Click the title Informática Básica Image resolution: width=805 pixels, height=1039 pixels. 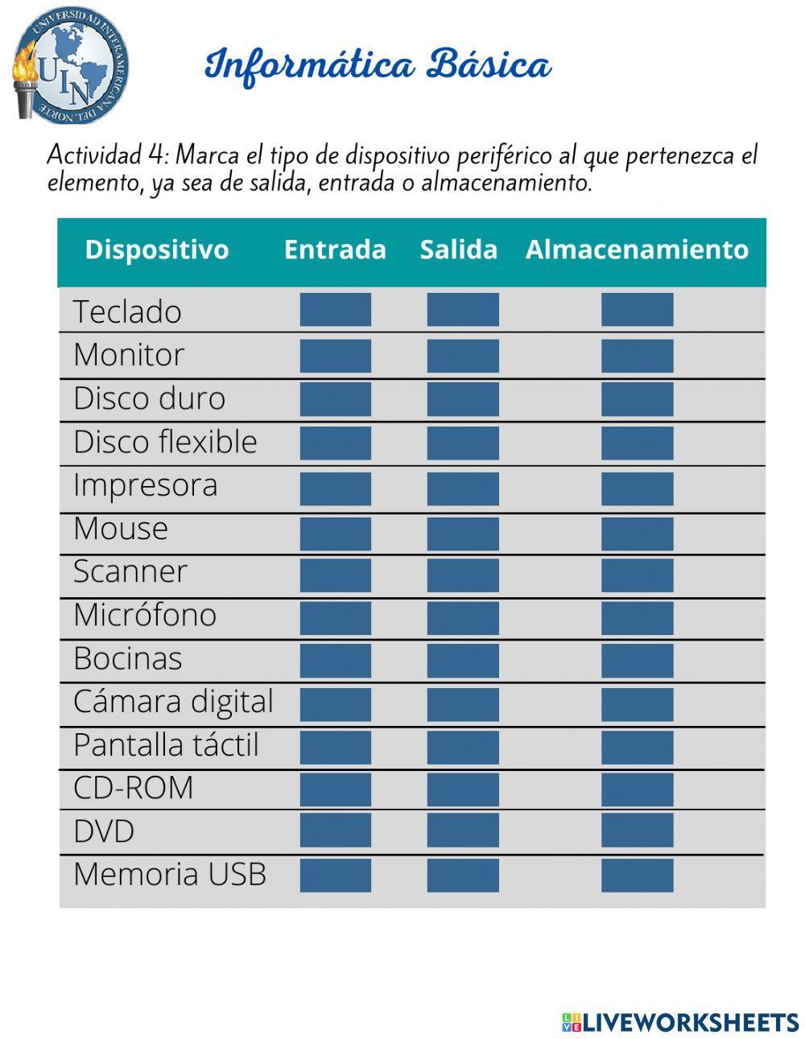click(378, 65)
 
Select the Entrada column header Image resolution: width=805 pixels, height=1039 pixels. click(335, 249)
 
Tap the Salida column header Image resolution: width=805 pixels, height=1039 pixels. click(458, 249)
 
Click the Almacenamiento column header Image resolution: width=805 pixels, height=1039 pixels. click(637, 249)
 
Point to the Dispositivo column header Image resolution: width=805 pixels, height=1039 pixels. click(157, 249)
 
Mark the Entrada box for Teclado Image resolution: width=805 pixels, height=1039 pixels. click(336, 310)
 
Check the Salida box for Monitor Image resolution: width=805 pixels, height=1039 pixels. click(463, 356)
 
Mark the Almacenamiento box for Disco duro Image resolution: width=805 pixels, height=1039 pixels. click(637, 399)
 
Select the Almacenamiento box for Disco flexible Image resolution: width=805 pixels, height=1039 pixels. click(637, 443)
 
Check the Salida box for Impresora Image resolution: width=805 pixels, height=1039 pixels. click(463, 489)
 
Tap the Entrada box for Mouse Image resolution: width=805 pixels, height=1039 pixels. click(336, 534)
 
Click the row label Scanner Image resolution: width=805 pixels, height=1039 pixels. click(130, 571)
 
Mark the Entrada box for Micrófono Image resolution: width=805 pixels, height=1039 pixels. click(336, 618)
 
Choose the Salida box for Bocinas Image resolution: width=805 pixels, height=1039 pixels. click(463, 661)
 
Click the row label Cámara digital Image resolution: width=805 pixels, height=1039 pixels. click(173, 702)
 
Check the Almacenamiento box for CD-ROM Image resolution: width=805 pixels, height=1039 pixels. click(637, 790)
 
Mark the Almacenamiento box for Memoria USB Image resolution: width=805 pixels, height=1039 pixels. click(637, 875)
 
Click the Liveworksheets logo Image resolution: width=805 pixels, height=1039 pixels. click(680, 1022)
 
